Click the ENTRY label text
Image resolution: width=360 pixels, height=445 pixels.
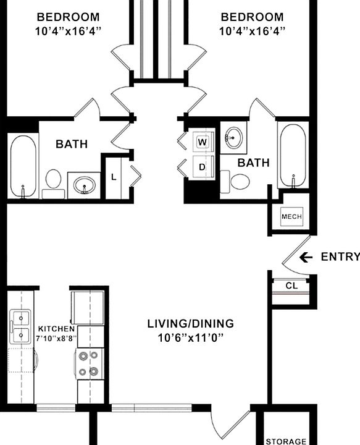point(340,257)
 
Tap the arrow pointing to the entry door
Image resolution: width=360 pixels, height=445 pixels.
point(306,257)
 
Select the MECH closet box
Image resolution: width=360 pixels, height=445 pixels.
point(291,217)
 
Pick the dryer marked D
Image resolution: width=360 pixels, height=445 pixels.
point(202,166)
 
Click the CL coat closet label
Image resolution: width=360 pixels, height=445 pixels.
point(291,286)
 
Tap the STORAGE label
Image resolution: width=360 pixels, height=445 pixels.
point(285,441)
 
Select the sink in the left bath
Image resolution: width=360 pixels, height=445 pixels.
point(85,184)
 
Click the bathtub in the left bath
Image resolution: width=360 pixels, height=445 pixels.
point(23,165)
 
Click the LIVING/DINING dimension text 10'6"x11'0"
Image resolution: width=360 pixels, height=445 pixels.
point(190,337)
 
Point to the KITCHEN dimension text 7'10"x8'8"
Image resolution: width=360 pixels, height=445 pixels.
point(57,338)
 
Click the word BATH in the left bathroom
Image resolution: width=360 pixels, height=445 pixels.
point(72,144)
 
